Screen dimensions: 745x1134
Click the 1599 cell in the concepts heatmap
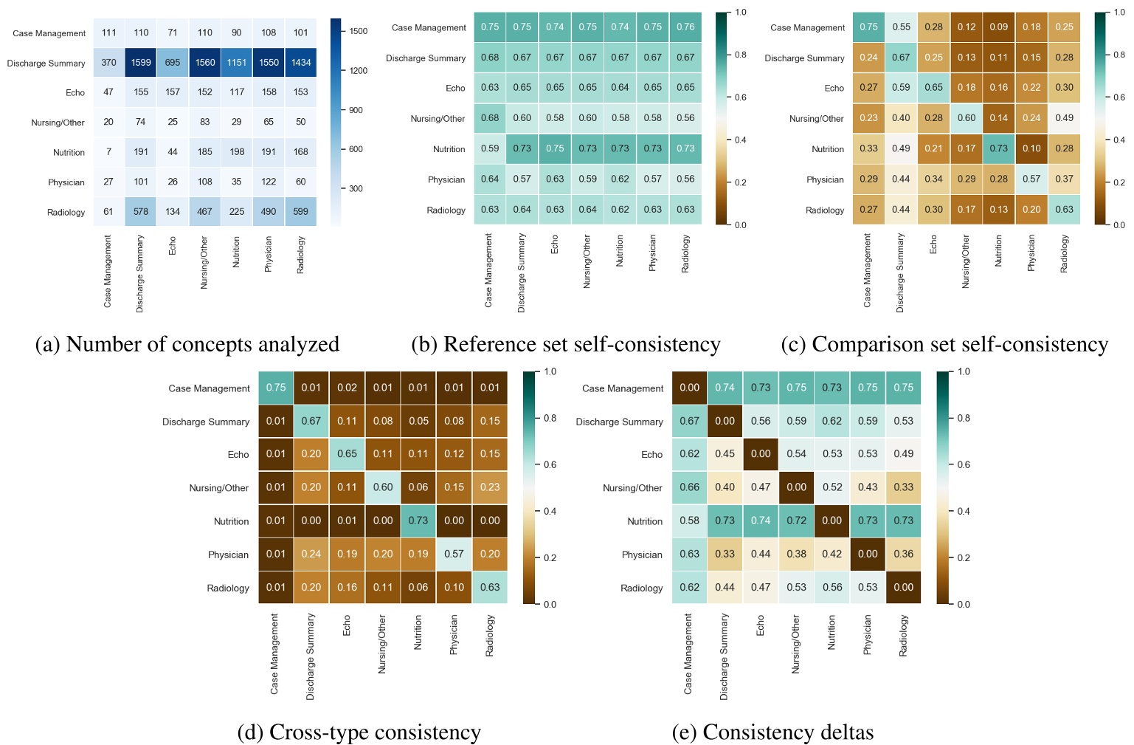141,63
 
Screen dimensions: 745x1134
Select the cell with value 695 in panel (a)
173,63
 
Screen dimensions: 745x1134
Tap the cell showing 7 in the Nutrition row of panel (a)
108,152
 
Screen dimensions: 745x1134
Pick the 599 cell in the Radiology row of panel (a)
300,212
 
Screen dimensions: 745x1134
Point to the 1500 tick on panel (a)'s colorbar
359,31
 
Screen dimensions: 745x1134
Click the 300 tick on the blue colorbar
356,189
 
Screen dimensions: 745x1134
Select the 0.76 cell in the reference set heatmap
685,27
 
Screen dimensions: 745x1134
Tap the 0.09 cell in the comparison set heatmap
999,27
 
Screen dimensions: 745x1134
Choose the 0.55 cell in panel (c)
901,27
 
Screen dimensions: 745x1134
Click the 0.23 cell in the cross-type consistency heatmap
490,487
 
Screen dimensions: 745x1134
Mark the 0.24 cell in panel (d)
311,554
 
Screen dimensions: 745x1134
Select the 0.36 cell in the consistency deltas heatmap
903,554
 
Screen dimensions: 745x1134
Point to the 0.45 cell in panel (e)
725,454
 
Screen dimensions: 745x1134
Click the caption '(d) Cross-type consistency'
359,732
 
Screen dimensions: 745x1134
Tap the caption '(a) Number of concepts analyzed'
187,344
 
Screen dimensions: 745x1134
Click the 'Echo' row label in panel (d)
238,455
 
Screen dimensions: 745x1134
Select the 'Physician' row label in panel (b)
446,179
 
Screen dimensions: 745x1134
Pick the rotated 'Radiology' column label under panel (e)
903,636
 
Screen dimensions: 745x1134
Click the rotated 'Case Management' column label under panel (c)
868,270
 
